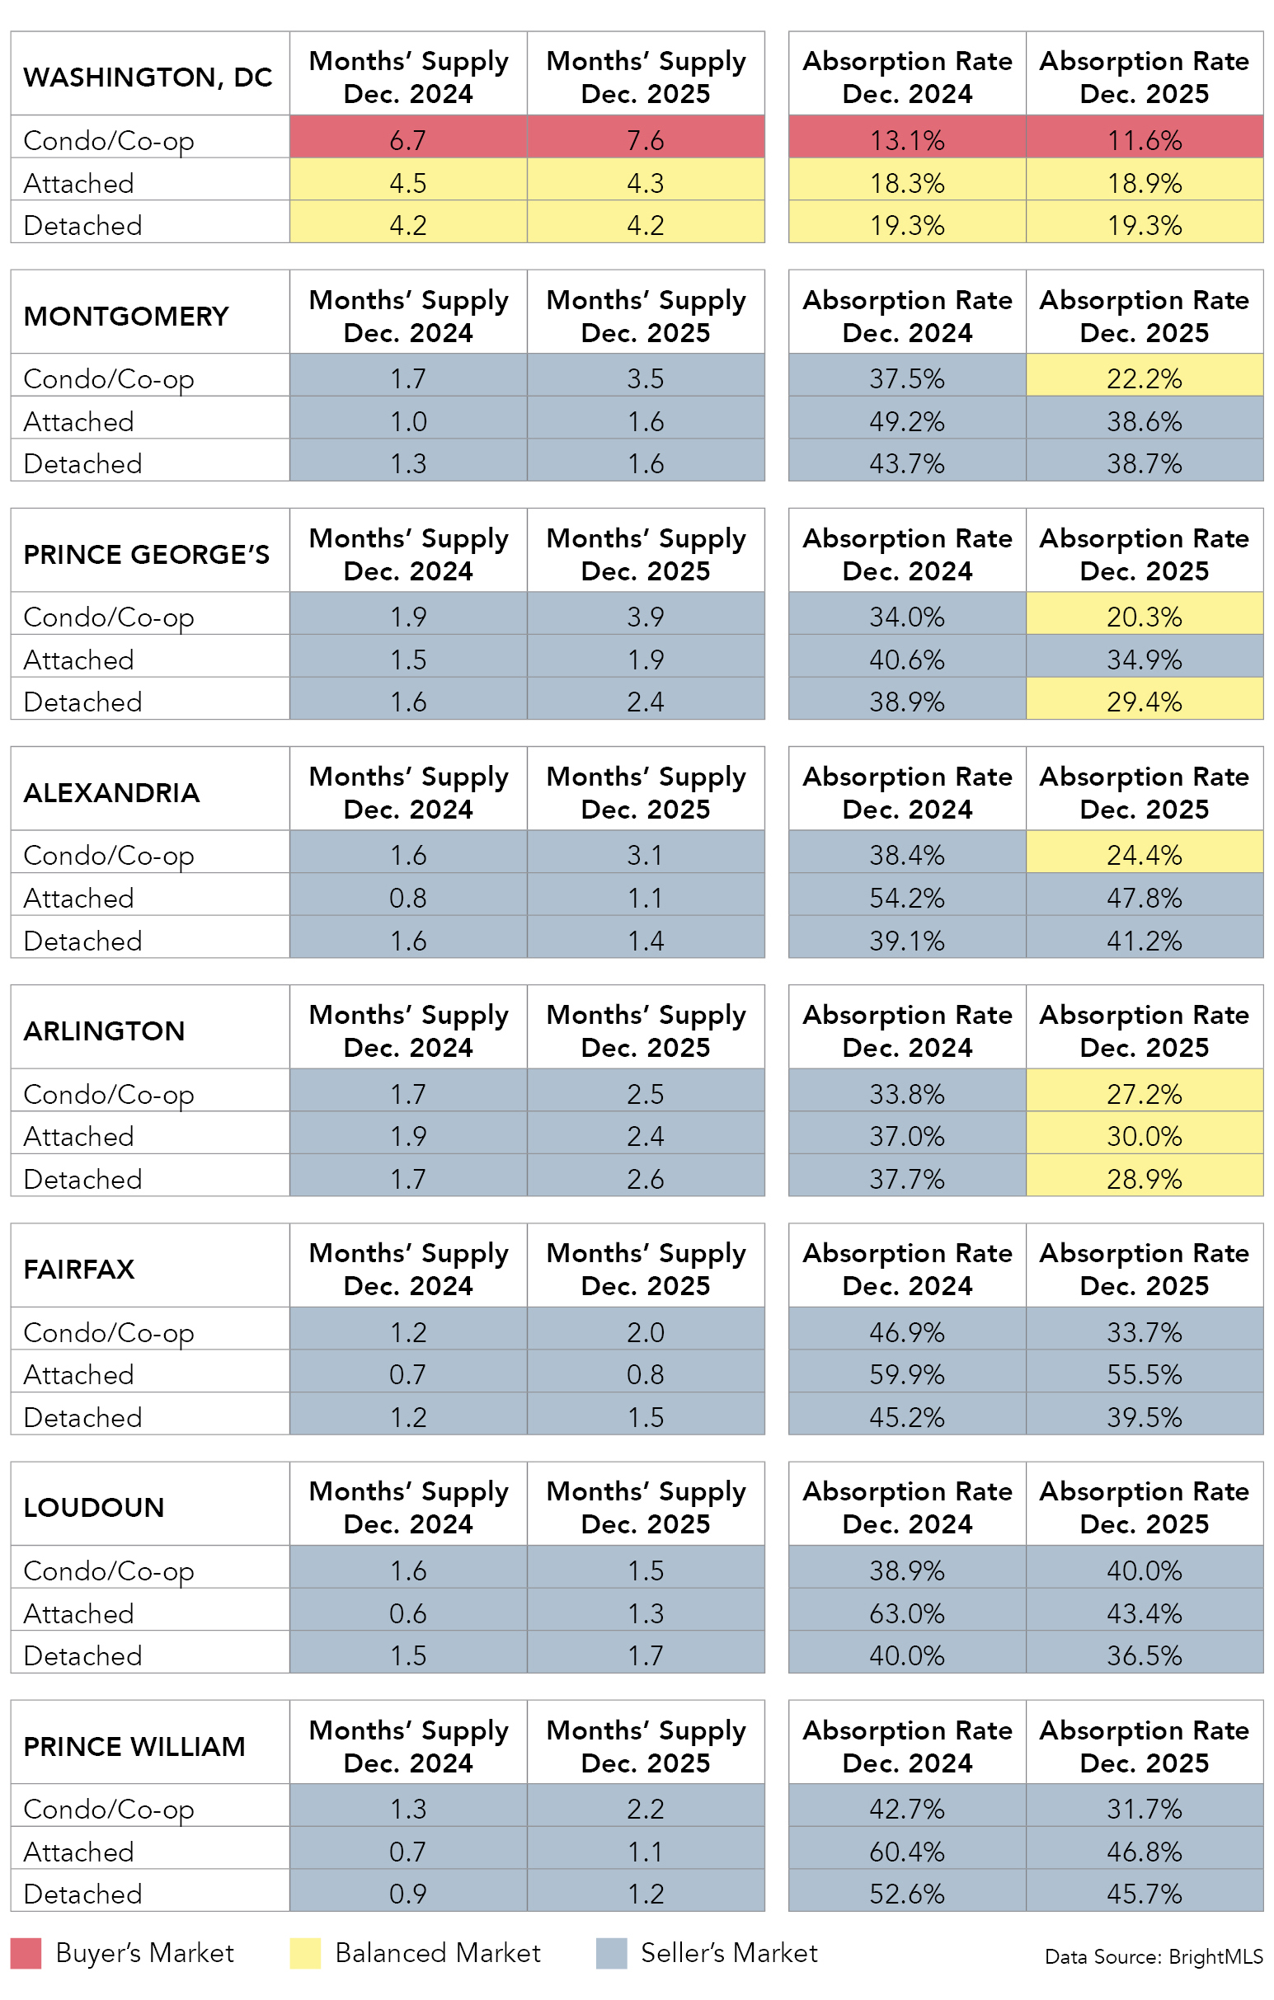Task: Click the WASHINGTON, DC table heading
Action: [x=148, y=77]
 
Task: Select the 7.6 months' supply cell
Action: [x=646, y=139]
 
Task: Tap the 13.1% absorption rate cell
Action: [x=907, y=139]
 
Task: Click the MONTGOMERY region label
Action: [x=126, y=316]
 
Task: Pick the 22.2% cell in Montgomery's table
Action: [x=1144, y=378]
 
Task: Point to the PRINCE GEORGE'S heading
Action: [x=146, y=554]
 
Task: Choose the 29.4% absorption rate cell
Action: [x=1144, y=702]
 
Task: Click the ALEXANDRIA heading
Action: [x=111, y=792]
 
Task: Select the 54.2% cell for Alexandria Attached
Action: [x=907, y=898]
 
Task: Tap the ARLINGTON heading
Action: [x=104, y=1031]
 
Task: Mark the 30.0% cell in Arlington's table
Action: [x=1144, y=1135]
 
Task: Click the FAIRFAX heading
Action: [x=79, y=1269]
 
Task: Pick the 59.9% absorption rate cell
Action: [x=907, y=1373]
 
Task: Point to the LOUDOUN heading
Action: [x=94, y=1508]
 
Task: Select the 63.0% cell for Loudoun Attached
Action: [x=907, y=1613]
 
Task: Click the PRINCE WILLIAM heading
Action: [x=134, y=1746]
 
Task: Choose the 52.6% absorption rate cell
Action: [x=907, y=1894]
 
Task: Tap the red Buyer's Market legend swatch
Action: [x=26, y=1954]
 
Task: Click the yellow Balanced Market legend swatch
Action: [x=305, y=1954]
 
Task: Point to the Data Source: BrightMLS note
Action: [x=1154, y=1957]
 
